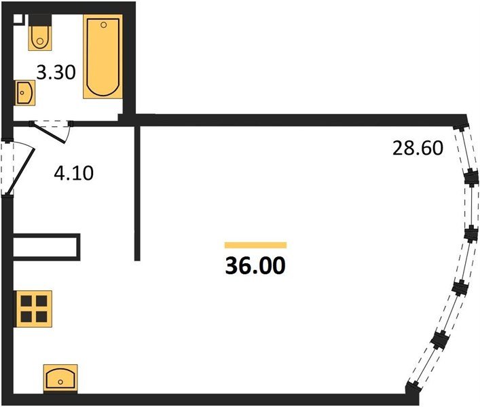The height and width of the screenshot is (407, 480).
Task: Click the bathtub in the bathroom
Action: (103, 56)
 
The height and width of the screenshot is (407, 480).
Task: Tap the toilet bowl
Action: (40, 38)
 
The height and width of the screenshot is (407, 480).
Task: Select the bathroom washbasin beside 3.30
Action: (24, 93)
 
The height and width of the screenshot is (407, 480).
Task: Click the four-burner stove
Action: (34, 309)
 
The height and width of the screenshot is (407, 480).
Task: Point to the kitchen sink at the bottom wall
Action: (60, 379)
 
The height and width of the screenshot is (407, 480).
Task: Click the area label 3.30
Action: (56, 73)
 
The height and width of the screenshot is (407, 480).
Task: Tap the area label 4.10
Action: (73, 173)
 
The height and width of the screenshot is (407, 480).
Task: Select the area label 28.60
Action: (418, 148)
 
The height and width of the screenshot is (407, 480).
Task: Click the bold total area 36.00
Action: (255, 265)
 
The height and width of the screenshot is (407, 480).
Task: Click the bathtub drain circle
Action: (103, 25)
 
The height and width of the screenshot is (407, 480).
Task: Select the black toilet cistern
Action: (40, 20)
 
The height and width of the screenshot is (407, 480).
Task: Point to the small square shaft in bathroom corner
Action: (18, 19)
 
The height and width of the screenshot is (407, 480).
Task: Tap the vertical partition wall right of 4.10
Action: (137, 193)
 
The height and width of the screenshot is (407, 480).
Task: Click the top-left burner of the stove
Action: (26, 301)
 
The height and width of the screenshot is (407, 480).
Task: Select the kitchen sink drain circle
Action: (60, 382)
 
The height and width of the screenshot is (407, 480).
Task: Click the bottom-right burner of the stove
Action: (41, 317)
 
